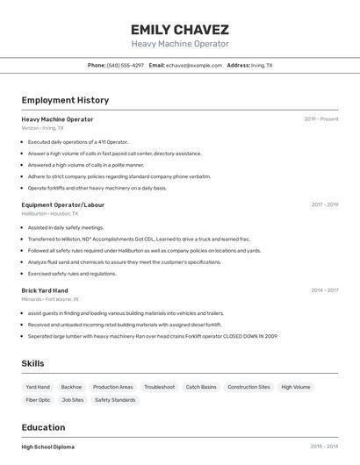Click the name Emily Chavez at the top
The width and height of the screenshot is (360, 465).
pos(179,29)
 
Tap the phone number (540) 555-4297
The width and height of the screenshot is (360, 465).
pos(125,65)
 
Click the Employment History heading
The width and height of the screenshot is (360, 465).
pos(65,101)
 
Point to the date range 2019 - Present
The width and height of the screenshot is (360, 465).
pos(320,118)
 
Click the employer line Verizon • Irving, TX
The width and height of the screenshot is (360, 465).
pos(42,127)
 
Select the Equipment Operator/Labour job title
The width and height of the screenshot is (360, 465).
pos(62,204)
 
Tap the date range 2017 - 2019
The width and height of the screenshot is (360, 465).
pos(324,204)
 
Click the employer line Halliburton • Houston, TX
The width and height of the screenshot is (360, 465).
pos(49,213)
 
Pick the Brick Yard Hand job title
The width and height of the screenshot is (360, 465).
pos(45,290)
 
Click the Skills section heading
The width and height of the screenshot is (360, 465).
pos(32,363)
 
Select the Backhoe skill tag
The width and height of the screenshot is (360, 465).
pos(71,387)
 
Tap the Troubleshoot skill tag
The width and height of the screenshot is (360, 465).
pos(159,387)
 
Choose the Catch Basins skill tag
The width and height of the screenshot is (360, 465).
pos(201,387)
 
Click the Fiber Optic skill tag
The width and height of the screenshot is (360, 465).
pos(38,400)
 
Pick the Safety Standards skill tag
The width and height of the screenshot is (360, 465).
pos(115,400)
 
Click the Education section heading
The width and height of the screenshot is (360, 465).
pos(44,427)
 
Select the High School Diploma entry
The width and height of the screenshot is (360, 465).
pos(48,447)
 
